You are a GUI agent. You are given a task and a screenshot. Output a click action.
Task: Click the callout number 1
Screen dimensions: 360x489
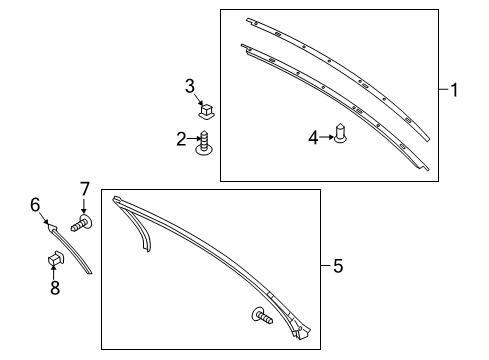click(454, 90)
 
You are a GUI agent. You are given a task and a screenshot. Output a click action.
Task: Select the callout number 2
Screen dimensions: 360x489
click(182, 139)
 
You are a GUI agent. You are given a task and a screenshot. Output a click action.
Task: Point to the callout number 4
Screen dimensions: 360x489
click(313, 136)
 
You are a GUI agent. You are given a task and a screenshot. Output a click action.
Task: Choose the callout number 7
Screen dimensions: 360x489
click(85, 187)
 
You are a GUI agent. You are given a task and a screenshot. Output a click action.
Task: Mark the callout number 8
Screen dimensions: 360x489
click(55, 288)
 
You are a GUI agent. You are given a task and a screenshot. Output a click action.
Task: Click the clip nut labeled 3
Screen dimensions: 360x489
click(208, 109)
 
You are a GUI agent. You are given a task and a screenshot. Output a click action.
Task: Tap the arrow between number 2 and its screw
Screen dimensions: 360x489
click(194, 139)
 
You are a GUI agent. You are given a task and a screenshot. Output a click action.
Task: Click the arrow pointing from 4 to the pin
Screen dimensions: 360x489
click(326, 136)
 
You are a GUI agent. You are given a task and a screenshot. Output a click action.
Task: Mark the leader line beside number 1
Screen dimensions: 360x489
click(443, 90)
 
